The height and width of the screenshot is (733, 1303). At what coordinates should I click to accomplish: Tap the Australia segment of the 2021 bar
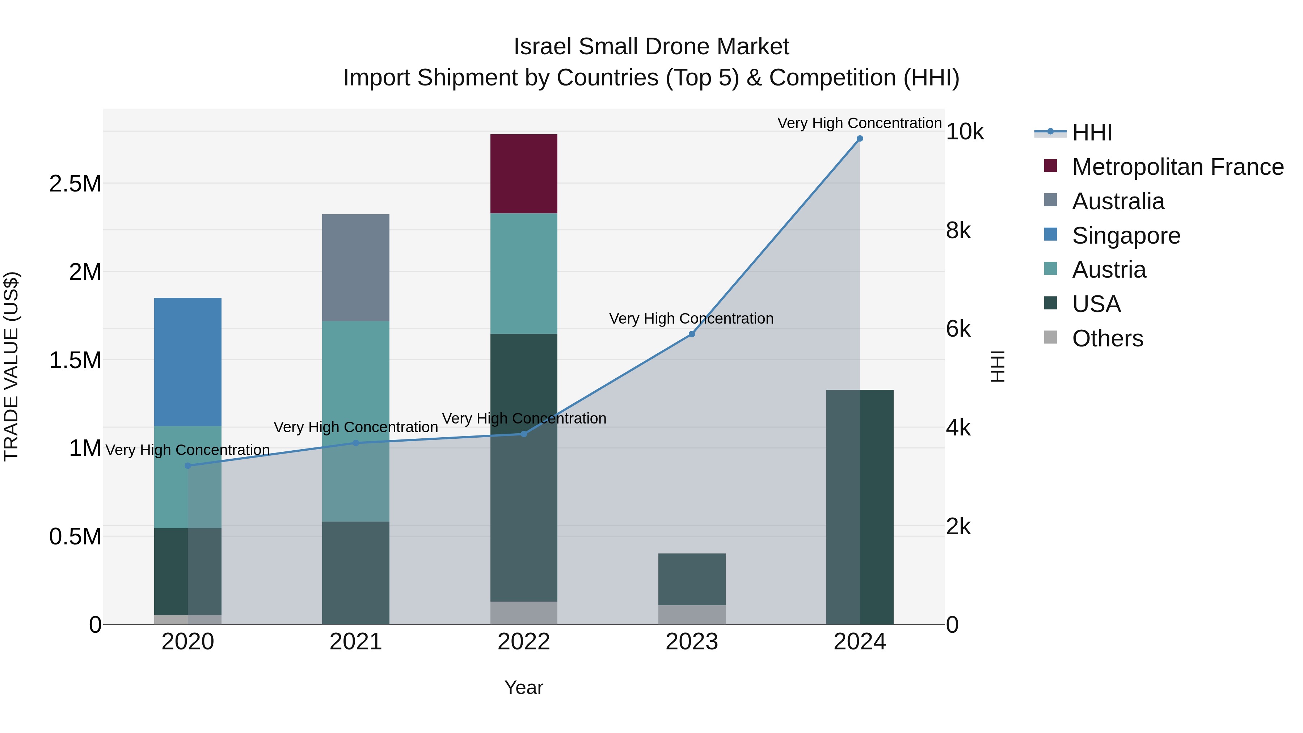pyautogui.click(x=355, y=267)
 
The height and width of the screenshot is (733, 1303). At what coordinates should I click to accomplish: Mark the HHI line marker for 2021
pyautogui.click(x=355, y=443)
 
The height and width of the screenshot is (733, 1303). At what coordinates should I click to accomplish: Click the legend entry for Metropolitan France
pyautogui.click(x=1177, y=167)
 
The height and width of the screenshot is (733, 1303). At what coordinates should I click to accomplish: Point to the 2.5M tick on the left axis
pyautogui.click(x=75, y=184)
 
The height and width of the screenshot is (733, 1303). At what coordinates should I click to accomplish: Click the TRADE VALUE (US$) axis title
pyautogui.click(x=11, y=366)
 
